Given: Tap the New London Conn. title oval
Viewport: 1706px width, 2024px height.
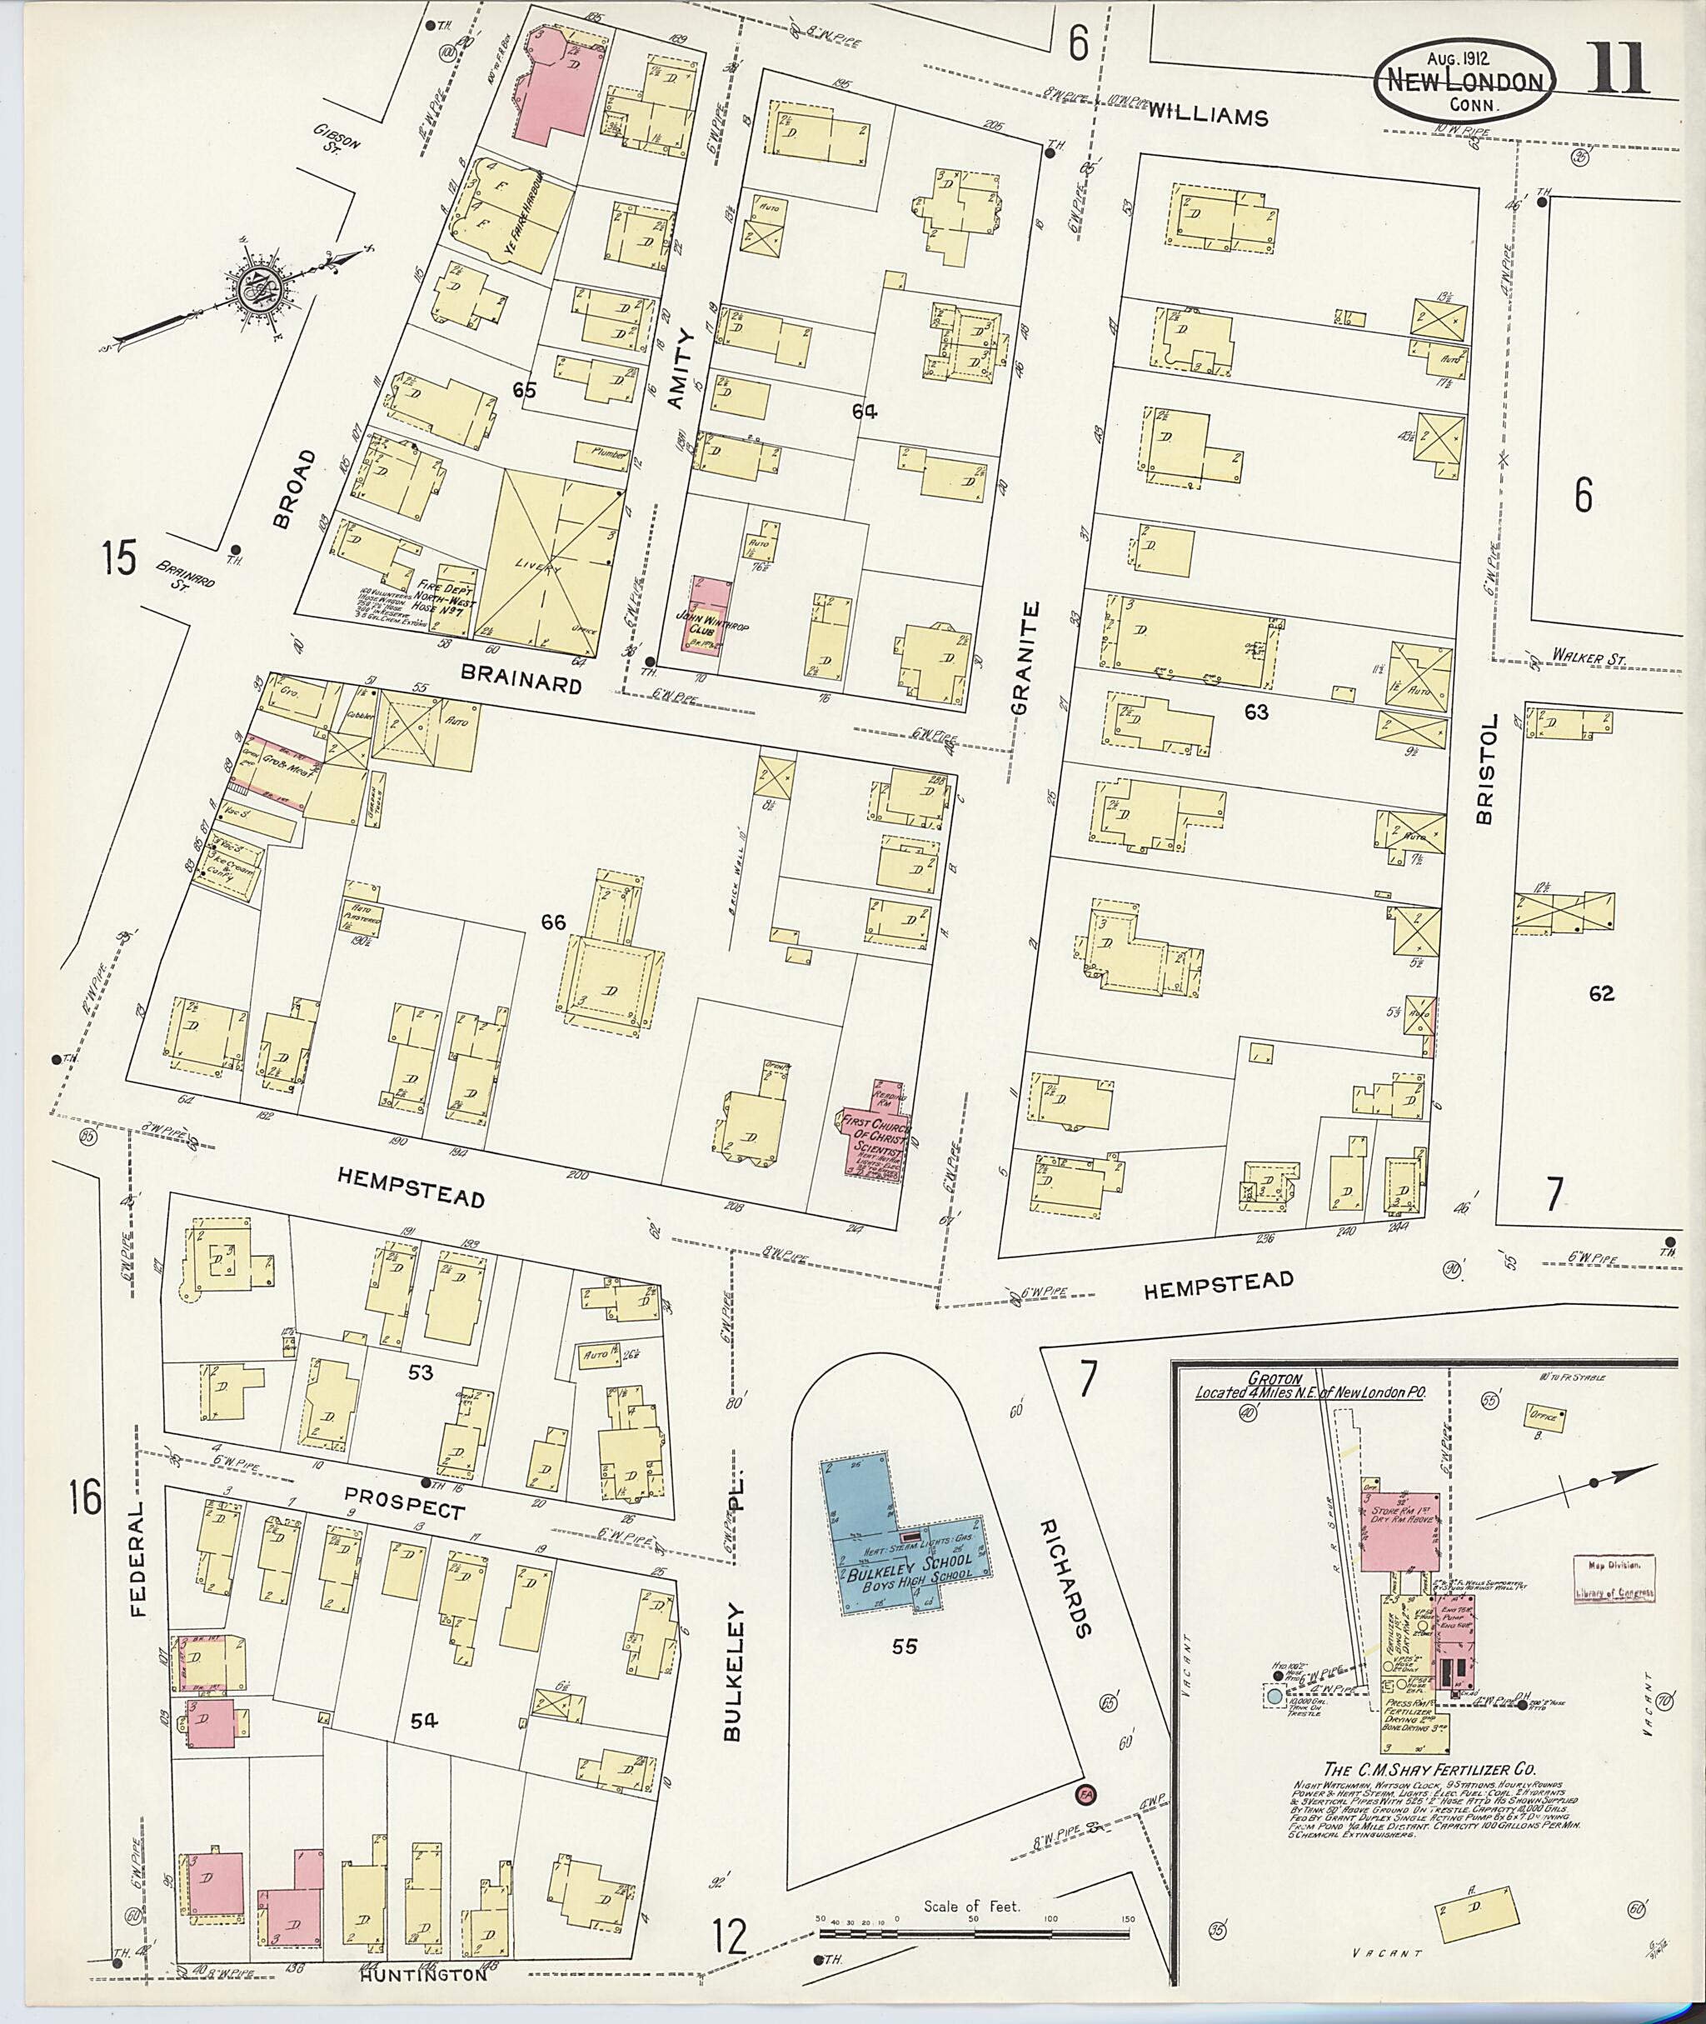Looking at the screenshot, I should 1464,82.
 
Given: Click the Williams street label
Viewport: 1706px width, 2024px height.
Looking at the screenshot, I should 1207,116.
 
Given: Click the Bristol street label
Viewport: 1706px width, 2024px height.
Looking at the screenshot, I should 1485,769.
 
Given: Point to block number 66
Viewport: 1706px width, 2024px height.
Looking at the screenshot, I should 553,923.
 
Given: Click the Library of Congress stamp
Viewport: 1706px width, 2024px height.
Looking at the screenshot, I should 1614,1579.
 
